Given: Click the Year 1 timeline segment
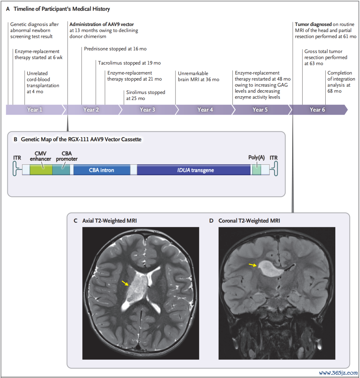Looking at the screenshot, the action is click(x=35, y=110).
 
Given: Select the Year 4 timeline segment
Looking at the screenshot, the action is click(x=205, y=110).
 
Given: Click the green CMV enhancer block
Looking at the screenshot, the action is click(x=41, y=170).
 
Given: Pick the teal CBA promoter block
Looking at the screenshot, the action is click(x=61, y=170).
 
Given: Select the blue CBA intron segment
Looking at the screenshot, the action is click(x=102, y=170).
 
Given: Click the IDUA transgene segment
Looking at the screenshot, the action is click(x=194, y=170).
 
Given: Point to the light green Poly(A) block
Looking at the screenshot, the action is click(x=257, y=170).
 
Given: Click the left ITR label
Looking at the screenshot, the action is click(x=17, y=158).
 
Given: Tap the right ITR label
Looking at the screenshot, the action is click(x=274, y=158).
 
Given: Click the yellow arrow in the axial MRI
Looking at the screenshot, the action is click(x=125, y=283).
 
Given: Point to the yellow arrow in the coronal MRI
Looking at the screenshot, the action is click(x=253, y=265).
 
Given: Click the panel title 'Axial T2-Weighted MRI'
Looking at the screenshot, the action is click(x=109, y=221).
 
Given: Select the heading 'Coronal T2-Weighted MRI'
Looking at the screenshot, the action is click(x=249, y=221).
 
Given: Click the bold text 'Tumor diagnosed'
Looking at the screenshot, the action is click(x=313, y=24).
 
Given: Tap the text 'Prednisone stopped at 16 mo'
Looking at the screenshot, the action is click(x=115, y=49).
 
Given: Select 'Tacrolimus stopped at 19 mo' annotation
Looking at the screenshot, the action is click(x=129, y=63).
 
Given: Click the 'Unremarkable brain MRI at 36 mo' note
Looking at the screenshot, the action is click(x=199, y=76).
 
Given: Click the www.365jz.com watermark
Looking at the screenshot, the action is click(x=338, y=373).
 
